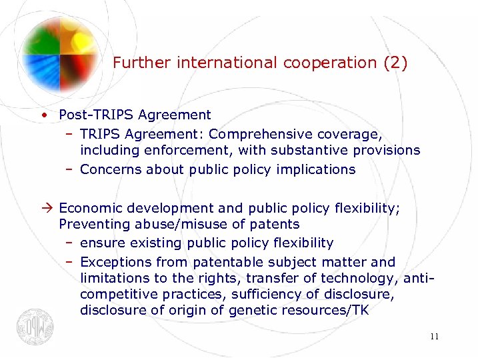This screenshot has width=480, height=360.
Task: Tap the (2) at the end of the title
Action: pos(395,63)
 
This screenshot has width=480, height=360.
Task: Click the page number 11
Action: pos(434,336)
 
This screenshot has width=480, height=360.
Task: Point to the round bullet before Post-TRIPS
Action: pos(43,115)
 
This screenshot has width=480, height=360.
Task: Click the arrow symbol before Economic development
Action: pos(43,207)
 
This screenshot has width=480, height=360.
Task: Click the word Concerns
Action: pos(111,169)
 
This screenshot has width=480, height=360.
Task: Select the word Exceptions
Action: pos(114,262)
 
